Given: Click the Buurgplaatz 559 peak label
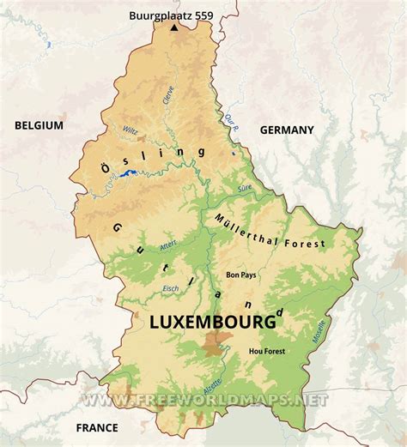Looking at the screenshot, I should (x=172, y=15).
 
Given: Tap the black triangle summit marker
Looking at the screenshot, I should (x=175, y=27).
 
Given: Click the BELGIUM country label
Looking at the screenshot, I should (x=39, y=125).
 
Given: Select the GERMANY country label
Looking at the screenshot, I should (x=287, y=130).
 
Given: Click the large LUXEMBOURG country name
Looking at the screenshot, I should (x=213, y=323).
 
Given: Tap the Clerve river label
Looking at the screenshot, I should (x=169, y=94).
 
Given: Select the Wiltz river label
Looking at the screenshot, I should (x=130, y=131).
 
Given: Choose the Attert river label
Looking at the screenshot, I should (x=168, y=249).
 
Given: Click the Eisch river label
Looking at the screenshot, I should (x=171, y=288).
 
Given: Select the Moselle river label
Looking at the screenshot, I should (x=319, y=333).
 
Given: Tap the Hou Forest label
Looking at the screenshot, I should (x=265, y=351).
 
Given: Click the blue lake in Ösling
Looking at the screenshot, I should (x=129, y=174).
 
